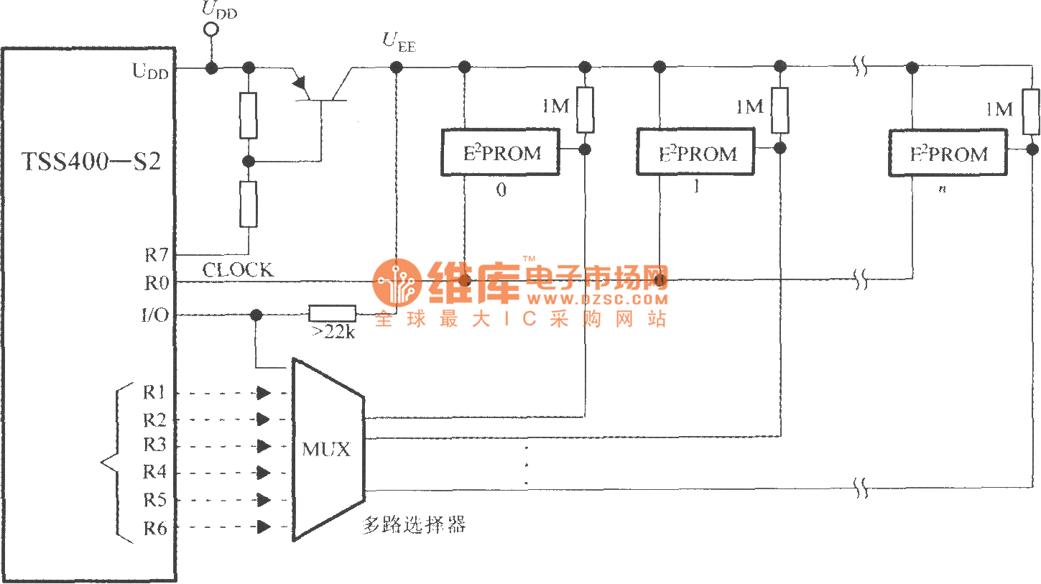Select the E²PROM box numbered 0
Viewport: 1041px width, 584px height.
tap(500, 152)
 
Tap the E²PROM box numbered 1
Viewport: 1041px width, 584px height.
tap(696, 152)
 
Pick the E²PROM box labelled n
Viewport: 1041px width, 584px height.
tap(948, 152)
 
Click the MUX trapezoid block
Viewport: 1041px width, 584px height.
tap(328, 450)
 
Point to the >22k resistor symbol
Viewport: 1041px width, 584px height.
tap(332, 314)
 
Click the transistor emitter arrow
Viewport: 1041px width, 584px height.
tap(298, 85)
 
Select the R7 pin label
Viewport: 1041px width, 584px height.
tap(156, 255)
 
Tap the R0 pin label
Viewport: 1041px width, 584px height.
tap(156, 283)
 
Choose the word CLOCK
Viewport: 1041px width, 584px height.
tap(238, 271)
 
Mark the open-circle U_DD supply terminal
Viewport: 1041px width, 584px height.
tap(211, 29)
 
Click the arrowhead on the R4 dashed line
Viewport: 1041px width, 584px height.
tap(264, 473)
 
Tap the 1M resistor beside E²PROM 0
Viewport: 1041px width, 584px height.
tap(586, 109)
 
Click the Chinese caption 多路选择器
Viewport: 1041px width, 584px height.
tap(415, 526)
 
